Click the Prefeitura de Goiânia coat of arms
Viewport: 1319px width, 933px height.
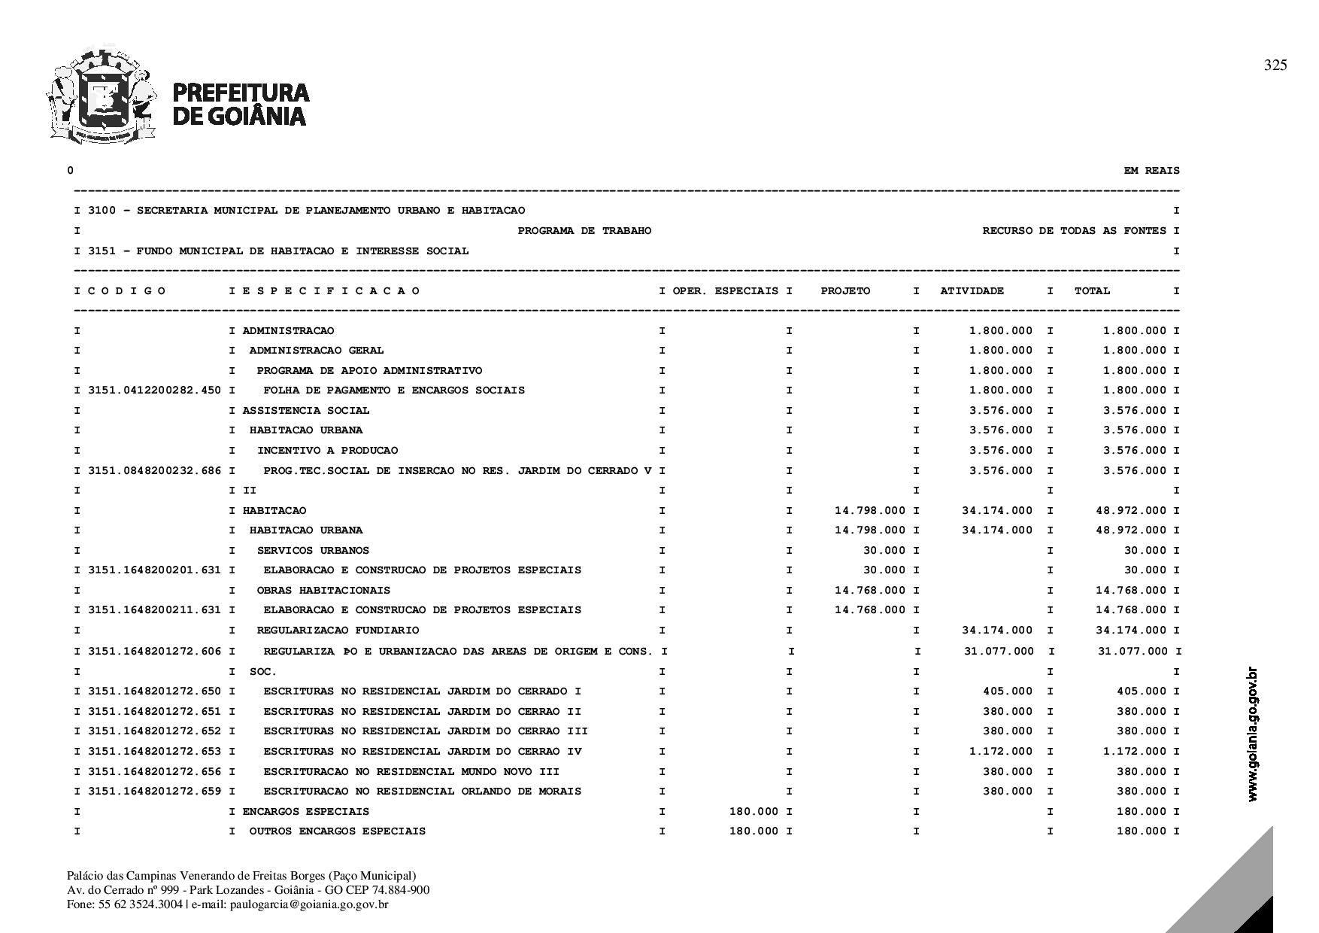(102, 96)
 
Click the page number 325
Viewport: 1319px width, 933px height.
(1275, 65)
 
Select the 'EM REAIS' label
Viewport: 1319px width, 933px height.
(1151, 171)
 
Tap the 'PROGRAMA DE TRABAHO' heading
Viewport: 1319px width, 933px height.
(584, 231)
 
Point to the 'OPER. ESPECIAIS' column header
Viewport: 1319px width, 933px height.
(725, 291)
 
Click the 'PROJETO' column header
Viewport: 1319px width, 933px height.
(845, 291)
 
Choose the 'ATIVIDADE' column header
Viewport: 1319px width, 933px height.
(972, 291)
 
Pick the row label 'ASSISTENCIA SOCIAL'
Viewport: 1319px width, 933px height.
(306, 411)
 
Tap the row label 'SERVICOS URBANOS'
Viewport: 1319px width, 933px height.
(313, 551)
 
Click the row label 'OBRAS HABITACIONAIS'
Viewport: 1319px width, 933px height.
(323, 591)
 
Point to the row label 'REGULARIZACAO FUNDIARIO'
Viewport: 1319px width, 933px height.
(338, 631)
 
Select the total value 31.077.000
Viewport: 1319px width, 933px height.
(1133, 652)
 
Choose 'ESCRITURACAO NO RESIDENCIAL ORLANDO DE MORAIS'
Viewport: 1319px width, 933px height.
(422, 792)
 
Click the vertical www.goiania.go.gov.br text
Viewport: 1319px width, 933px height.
(1252, 734)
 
